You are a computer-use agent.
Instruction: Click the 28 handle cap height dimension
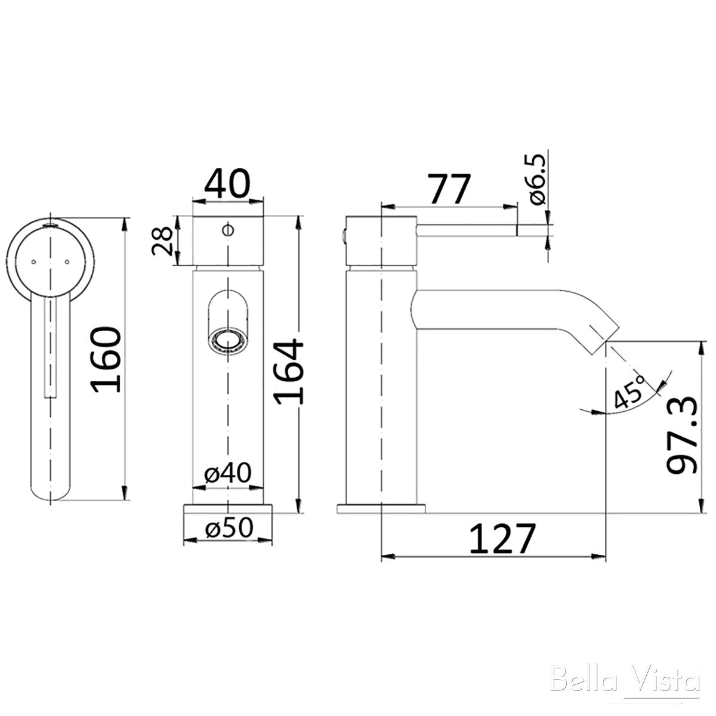pyautogui.click(x=162, y=241)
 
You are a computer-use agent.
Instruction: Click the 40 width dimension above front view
pyautogui.click(x=227, y=184)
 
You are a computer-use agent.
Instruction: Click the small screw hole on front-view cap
pyautogui.click(x=227, y=228)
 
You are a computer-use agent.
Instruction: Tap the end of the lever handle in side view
pyautogui.click(x=514, y=227)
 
